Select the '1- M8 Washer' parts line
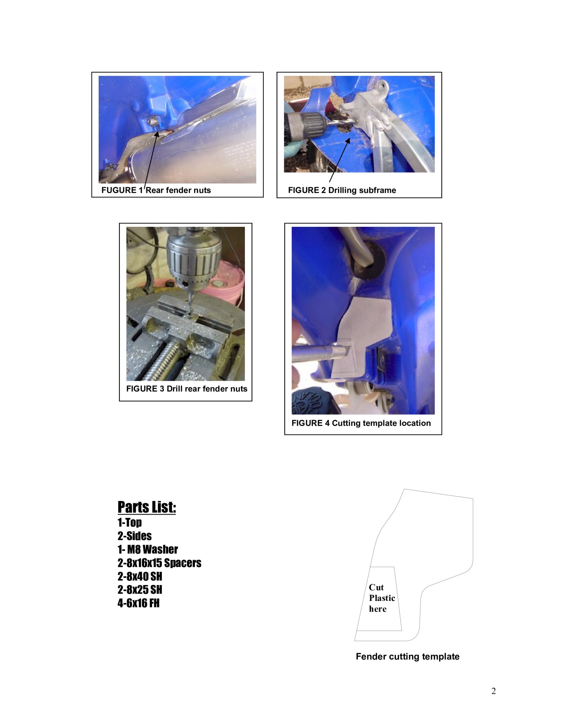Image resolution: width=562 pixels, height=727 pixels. (x=147, y=549)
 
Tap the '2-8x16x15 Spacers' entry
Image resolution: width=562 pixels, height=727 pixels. (x=159, y=563)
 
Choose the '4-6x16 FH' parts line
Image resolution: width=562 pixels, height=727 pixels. (x=138, y=603)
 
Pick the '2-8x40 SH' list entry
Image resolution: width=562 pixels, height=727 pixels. (x=140, y=576)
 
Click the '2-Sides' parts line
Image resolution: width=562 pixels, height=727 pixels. (x=134, y=536)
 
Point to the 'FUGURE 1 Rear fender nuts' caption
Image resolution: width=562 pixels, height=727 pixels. (x=156, y=190)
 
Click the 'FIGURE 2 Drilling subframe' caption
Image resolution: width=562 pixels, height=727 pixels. (x=342, y=190)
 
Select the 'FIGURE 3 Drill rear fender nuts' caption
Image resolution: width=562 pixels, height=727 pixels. (x=187, y=389)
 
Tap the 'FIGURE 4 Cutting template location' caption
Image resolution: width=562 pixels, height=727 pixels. (x=361, y=423)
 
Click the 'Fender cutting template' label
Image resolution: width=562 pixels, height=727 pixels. (x=407, y=657)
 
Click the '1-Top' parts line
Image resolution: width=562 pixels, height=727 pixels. (x=130, y=523)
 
